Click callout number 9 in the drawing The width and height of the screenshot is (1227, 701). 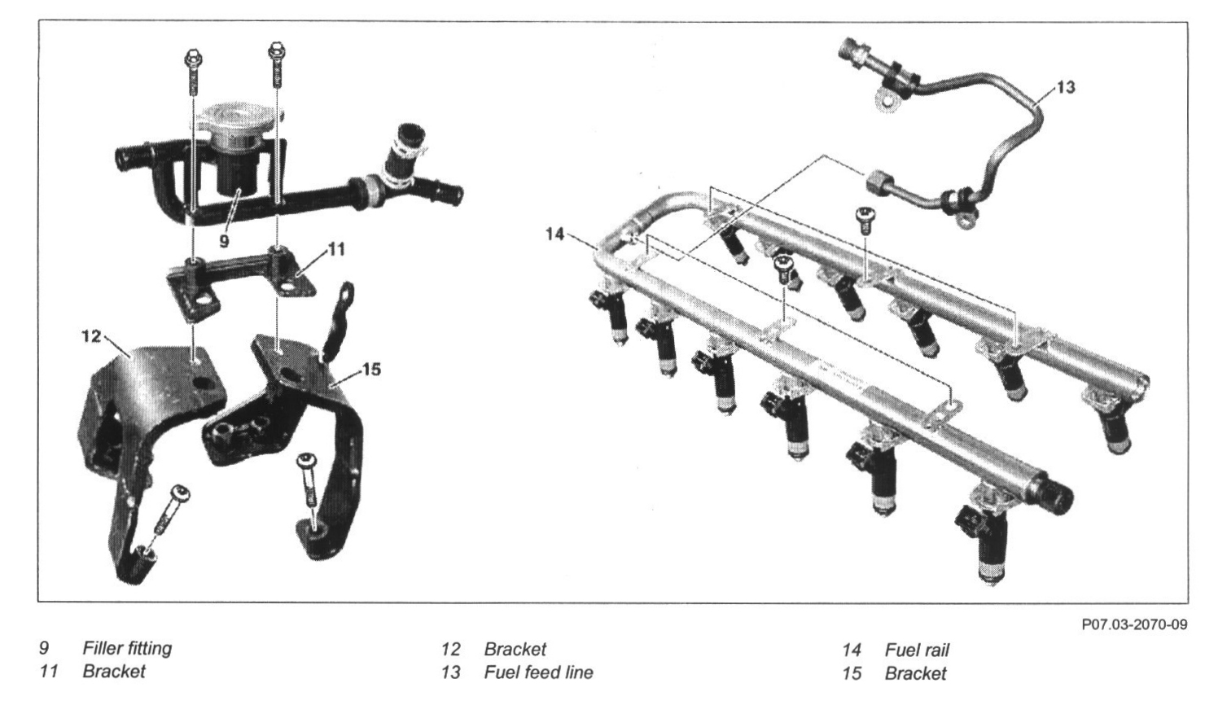tap(225, 241)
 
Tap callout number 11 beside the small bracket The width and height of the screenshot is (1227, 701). tap(335, 249)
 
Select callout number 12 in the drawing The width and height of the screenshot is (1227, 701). tap(92, 335)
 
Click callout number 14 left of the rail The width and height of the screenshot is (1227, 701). tap(554, 234)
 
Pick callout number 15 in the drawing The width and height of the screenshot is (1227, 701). tap(370, 370)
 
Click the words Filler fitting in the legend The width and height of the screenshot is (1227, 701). tap(127, 649)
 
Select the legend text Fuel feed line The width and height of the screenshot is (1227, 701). tap(538, 673)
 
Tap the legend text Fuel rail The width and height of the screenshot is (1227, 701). tap(917, 650)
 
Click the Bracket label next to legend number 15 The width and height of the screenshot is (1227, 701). tap(915, 673)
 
